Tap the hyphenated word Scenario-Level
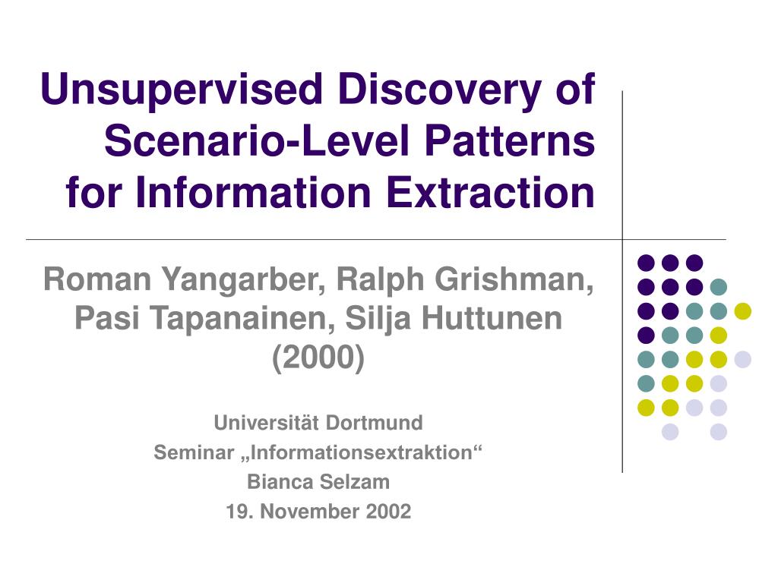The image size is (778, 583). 258,140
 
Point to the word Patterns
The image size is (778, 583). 510,140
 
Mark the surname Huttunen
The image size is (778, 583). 492,318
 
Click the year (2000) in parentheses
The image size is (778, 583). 318,358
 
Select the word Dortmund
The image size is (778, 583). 374,423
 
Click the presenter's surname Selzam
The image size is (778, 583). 355,482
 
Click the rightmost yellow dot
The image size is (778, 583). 743,311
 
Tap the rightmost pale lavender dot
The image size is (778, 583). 743,359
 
